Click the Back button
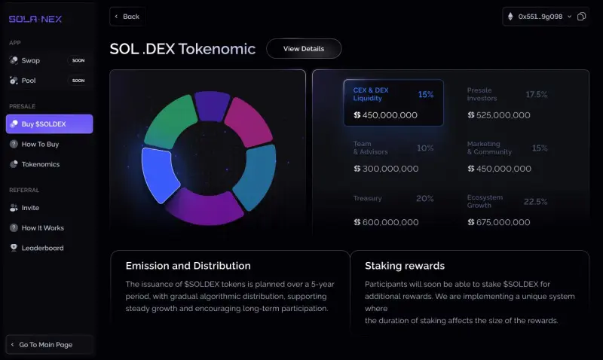(x=127, y=17)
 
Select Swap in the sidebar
(x=31, y=60)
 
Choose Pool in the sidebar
(x=29, y=81)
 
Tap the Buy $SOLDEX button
(x=49, y=124)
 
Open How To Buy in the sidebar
(x=40, y=144)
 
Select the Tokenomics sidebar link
(x=41, y=164)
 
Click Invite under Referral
(x=30, y=208)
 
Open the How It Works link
(x=42, y=228)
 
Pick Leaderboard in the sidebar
(x=42, y=248)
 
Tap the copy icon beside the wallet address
(x=581, y=17)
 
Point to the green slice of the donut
(x=170, y=121)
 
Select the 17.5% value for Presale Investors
(x=536, y=95)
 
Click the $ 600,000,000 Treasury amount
(x=386, y=223)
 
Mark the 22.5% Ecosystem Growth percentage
(x=535, y=202)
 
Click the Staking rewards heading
(x=404, y=266)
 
